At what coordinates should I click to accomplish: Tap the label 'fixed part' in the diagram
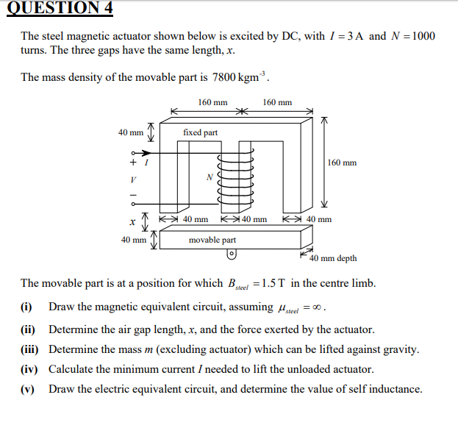coord(200,132)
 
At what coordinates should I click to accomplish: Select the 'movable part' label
coord(212,240)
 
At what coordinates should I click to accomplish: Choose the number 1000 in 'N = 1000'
coord(422,36)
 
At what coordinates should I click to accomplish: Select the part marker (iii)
coord(30,349)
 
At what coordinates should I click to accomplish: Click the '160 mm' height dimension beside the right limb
coord(342,163)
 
